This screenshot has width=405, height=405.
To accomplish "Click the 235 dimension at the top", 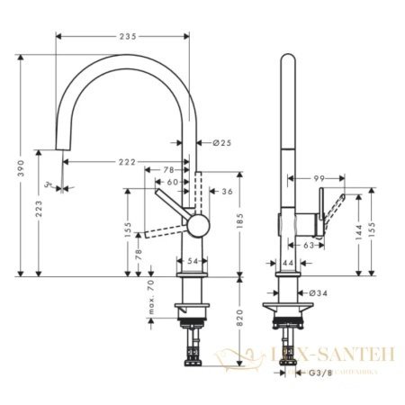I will coord(125,36).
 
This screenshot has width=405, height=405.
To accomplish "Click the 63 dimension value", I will coord(308,244).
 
